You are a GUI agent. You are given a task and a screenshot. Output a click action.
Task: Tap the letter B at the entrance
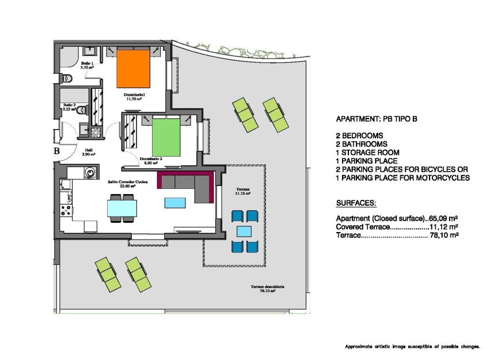tap(57, 151)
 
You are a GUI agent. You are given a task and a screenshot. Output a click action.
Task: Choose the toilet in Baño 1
tap(67, 78)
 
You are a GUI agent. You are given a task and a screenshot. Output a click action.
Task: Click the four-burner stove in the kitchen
tap(66, 210)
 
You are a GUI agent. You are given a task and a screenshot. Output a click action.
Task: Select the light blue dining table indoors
tap(123, 207)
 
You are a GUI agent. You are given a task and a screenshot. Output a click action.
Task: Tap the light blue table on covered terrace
tap(244, 232)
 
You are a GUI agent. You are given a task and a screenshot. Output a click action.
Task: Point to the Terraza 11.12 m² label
tap(243, 191)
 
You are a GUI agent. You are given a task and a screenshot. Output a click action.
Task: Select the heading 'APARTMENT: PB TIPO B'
tap(376, 119)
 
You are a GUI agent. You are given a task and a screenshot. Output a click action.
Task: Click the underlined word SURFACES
tap(355, 204)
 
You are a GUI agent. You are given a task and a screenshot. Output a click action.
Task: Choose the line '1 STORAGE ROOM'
tap(367, 153)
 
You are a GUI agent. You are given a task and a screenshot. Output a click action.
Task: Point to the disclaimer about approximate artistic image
tap(412, 347)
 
